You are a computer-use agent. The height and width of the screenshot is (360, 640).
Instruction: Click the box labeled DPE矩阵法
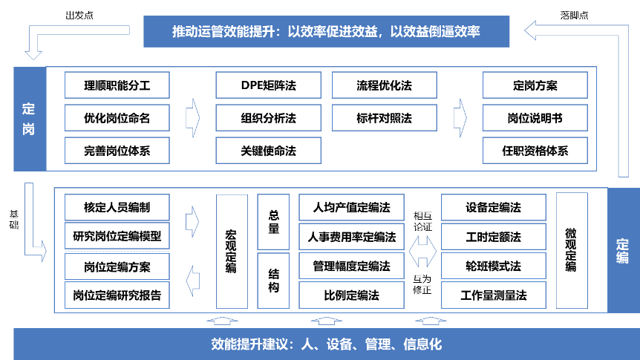pos(268,85)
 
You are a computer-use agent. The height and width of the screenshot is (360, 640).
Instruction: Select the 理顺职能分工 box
pos(117,85)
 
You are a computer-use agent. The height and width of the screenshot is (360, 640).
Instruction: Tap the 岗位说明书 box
pos(535,118)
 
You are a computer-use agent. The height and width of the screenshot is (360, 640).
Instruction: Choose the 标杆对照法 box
pos(384,118)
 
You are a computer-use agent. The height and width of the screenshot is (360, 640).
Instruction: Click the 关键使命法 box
pos(268,151)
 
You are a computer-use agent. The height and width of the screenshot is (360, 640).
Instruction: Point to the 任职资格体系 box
pos(535,151)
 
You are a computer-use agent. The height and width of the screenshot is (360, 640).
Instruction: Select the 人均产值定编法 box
pos(351,207)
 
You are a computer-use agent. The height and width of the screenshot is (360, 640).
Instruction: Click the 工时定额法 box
pos(494,237)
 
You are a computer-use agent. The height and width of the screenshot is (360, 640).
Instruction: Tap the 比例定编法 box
pos(351,295)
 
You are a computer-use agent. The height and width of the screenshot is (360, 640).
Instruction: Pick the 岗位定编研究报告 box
pos(117,295)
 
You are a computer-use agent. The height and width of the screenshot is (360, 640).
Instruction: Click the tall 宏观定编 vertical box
pos(232,252)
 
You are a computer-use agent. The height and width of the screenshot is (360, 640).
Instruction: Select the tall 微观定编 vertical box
pos(572,251)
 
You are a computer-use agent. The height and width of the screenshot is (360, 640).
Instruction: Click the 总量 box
pos(273,222)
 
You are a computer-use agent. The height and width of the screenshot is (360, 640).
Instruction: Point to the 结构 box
pos(273,281)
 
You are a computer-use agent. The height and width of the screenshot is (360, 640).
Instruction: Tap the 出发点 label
pos(79,16)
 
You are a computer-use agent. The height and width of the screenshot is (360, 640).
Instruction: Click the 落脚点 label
pos(574,16)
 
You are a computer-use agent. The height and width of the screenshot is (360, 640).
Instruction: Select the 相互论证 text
pos(422,221)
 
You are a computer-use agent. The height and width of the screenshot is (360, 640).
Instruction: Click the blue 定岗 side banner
pos(30,119)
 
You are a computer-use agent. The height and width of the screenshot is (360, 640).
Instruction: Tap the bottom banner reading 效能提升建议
pos(327,344)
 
